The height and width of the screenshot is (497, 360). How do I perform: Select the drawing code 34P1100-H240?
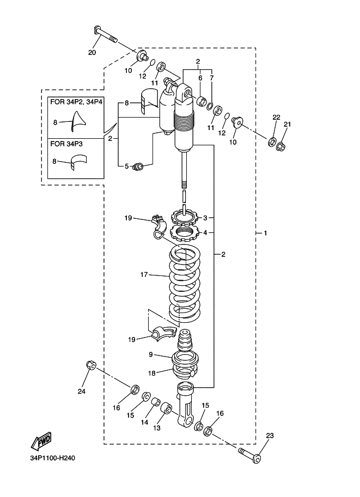click(x=53, y=458)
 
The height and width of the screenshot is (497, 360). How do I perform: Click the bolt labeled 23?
click(x=249, y=454)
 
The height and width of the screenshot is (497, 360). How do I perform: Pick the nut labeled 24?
click(x=91, y=365)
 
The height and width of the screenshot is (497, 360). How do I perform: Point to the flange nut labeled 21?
click(x=280, y=146)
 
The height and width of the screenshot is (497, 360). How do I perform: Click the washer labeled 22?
click(x=272, y=142)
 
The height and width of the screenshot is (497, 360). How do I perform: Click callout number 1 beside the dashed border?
click(x=265, y=234)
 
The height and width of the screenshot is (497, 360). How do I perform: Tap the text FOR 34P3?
click(x=66, y=144)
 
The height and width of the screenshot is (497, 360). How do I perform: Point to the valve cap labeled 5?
click(x=138, y=166)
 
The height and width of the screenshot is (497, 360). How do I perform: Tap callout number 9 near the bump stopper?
click(x=151, y=354)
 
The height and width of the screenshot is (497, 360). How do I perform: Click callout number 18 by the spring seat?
click(x=152, y=373)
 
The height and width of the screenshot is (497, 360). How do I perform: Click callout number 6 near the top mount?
click(x=200, y=78)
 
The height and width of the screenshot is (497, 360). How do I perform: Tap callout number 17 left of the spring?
click(x=144, y=274)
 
